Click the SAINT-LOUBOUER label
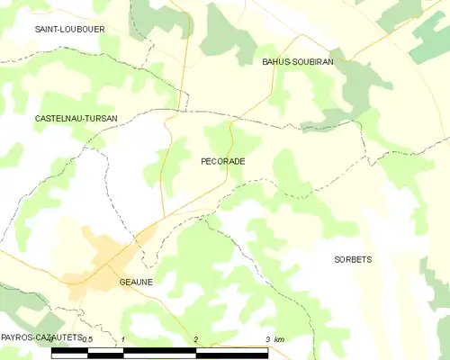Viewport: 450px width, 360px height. [x=69, y=29]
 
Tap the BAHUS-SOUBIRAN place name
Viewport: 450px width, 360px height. [x=297, y=62]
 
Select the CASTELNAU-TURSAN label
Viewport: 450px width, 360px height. [x=76, y=118]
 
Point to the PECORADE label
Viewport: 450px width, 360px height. [x=223, y=161]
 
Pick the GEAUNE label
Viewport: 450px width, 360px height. [x=136, y=282]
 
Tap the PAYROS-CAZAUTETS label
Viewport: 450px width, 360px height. [x=41, y=337]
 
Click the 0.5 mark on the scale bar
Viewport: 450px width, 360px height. [x=87, y=339]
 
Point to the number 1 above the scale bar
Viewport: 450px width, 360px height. [x=121, y=339]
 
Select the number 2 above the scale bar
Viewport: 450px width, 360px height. [x=194, y=339]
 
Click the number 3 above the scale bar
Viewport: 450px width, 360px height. [x=267, y=339]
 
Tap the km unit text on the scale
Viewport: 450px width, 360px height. [x=279, y=339]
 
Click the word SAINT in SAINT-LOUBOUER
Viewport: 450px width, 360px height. [x=48, y=29]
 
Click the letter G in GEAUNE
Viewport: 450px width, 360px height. [x=122, y=282]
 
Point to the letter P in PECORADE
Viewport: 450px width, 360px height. [x=203, y=161]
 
